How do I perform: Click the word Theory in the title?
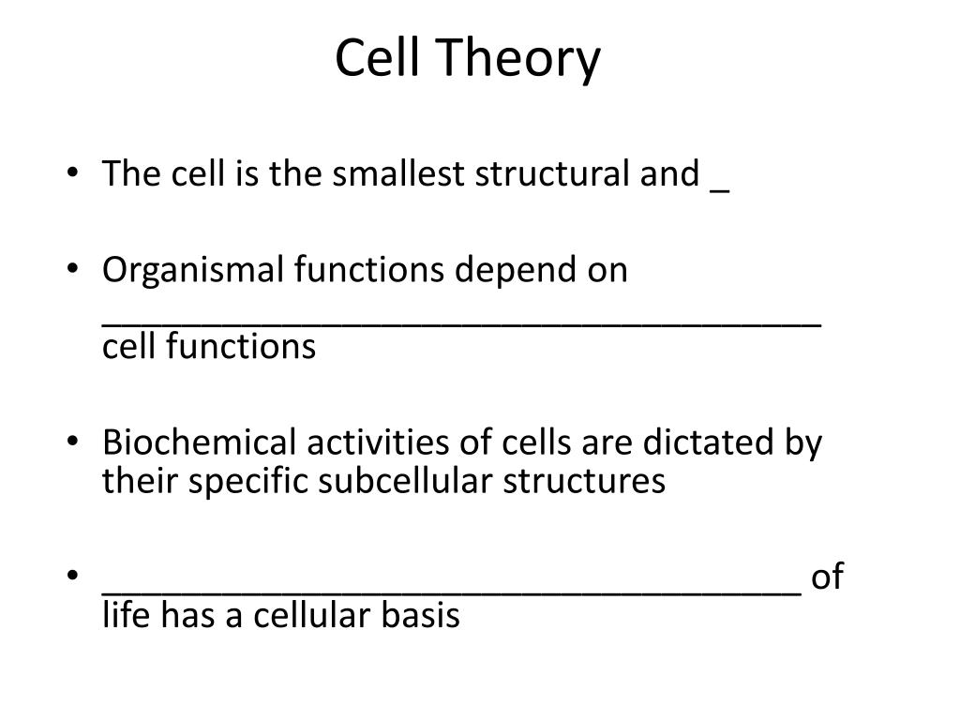coord(519,59)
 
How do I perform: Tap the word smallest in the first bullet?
coord(397,173)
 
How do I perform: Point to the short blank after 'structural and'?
coord(719,193)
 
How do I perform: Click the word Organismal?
coord(193,271)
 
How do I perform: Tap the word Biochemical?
coord(199,442)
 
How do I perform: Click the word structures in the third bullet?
coord(584,481)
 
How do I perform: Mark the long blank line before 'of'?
coord(451,593)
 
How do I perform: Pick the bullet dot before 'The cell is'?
coord(73,172)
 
